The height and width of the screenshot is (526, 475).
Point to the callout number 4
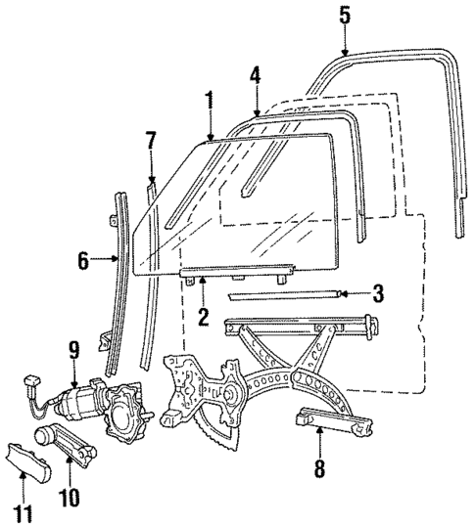click(255, 74)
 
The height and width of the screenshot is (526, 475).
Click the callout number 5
click(343, 15)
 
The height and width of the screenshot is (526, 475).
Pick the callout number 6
click(85, 260)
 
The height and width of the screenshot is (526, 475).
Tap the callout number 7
click(150, 139)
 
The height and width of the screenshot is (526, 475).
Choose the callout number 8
click(320, 467)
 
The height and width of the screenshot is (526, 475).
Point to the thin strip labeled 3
click(284, 293)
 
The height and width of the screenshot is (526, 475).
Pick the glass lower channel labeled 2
click(235, 268)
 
